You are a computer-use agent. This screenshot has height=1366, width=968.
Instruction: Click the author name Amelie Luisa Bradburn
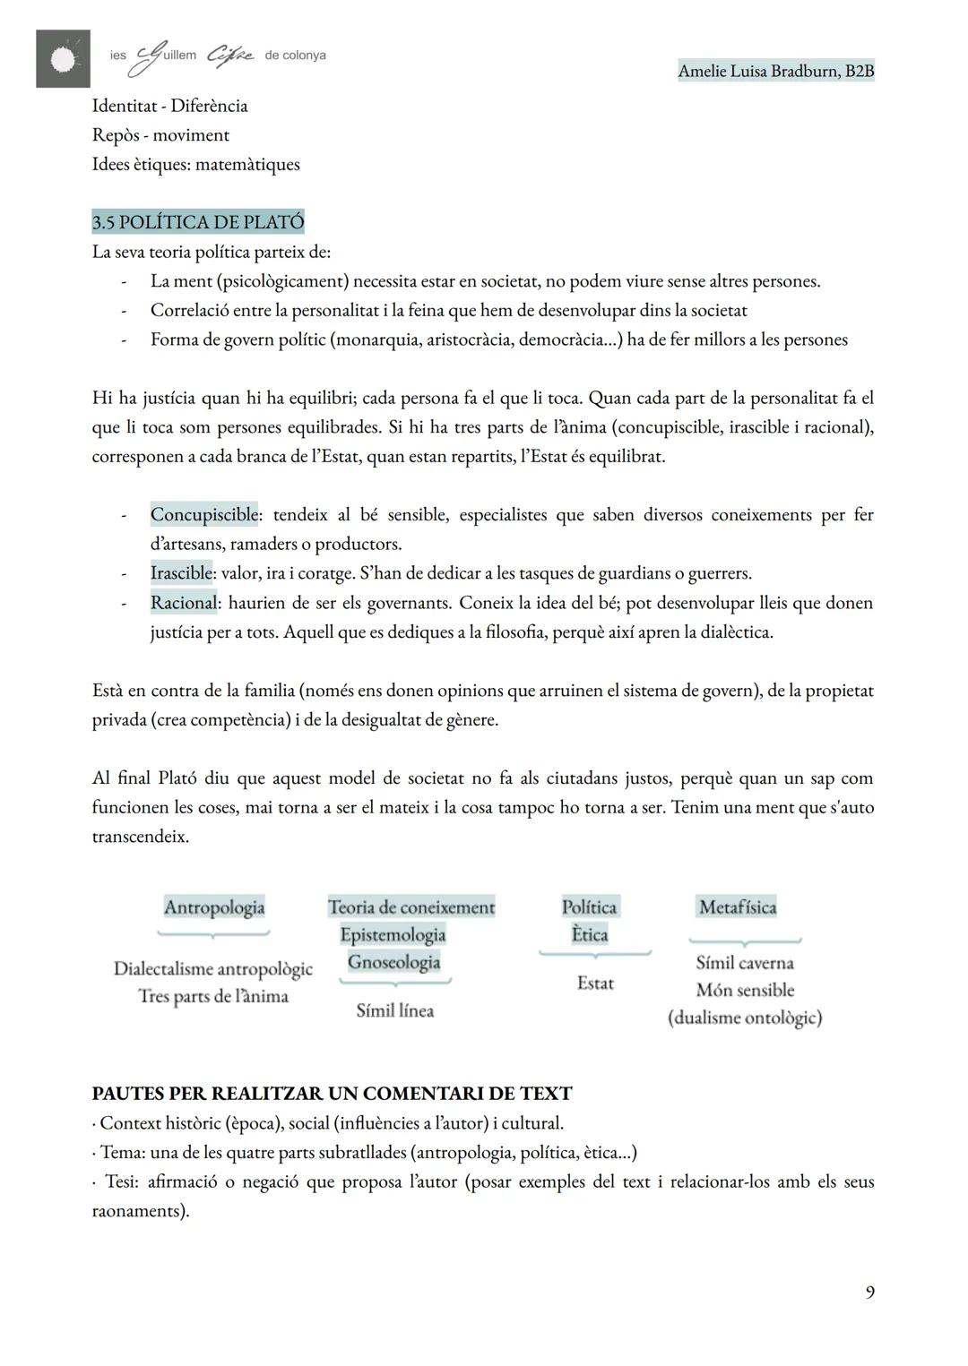pos(775,71)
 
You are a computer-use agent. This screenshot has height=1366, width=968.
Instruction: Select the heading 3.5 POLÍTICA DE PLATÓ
pos(198,221)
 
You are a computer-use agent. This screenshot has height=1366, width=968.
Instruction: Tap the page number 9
pos(869,1292)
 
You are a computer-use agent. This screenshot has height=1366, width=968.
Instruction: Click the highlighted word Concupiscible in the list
pos(204,514)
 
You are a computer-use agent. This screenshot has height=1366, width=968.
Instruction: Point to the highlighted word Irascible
pos(181,572)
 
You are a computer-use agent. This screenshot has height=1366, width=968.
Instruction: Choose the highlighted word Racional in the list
pos(184,602)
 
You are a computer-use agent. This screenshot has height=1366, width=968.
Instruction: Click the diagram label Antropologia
pos(214,906)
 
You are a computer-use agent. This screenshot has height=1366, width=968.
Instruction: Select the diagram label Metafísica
pos(738,906)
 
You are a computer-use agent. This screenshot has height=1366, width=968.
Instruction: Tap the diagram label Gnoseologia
pos(394,961)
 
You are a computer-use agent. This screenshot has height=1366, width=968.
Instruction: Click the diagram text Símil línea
pos(395,1010)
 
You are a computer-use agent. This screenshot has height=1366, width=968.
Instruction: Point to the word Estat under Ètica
pos(595,983)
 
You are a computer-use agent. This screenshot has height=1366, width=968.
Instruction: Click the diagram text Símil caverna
pos(745,963)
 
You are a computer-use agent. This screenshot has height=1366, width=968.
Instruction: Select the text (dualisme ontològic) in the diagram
pos(745,1018)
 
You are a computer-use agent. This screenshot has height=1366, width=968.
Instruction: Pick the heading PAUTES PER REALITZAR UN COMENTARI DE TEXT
pos(332,1093)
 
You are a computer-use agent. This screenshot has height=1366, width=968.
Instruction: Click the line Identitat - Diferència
pos(170,106)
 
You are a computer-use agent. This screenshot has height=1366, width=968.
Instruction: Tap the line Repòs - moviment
pos(160,135)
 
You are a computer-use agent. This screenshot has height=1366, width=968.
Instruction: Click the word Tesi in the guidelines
pos(121,1181)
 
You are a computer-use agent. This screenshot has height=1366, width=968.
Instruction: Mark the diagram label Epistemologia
pos(393,934)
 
